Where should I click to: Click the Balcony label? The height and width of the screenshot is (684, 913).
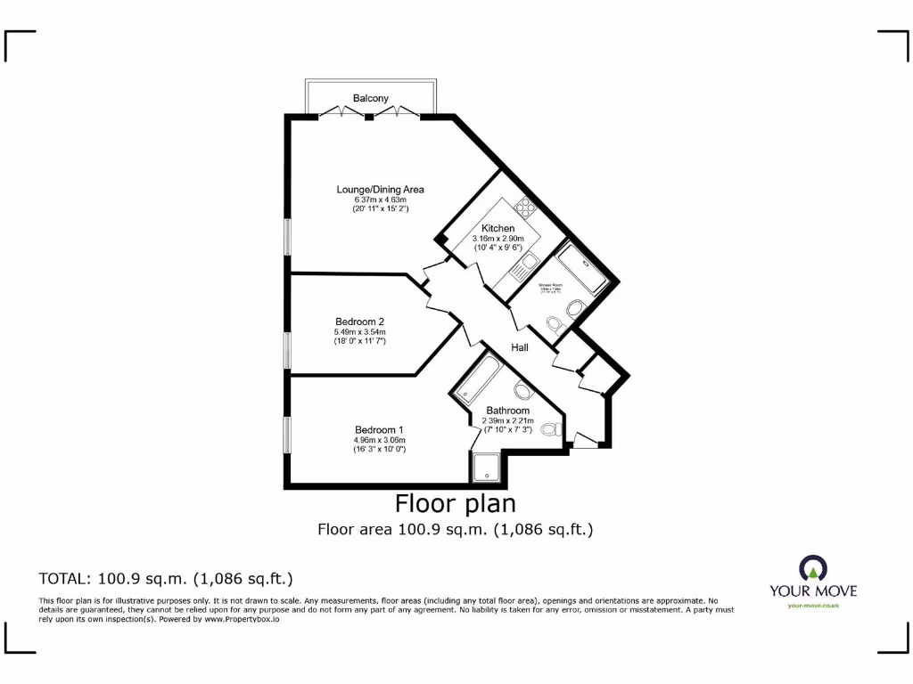[x=370, y=99]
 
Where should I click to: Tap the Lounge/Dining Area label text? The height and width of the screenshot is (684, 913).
[x=380, y=190]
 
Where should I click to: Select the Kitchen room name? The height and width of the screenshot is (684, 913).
[x=498, y=229]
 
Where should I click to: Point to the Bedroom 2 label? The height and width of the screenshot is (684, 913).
[x=359, y=322]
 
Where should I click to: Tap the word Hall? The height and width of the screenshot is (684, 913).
[x=520, y=347]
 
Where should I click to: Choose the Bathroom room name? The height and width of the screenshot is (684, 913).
[x=507, y=411]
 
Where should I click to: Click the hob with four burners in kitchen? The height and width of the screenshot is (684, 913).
[x=523, y=208]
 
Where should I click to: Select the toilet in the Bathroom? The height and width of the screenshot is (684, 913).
[x=549, y=429]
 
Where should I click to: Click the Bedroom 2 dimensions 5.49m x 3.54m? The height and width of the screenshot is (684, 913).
[x=359, y=332]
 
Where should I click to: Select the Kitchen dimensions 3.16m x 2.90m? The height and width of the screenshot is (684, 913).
[x=498, y=239]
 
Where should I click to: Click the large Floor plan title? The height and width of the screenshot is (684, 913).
[x=456, y=504]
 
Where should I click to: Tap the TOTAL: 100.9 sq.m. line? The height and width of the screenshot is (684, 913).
[x=166, y=578]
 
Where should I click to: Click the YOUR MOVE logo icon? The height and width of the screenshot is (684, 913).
[x=812, y=568]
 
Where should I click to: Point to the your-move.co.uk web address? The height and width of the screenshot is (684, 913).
[x=813, y=606]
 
